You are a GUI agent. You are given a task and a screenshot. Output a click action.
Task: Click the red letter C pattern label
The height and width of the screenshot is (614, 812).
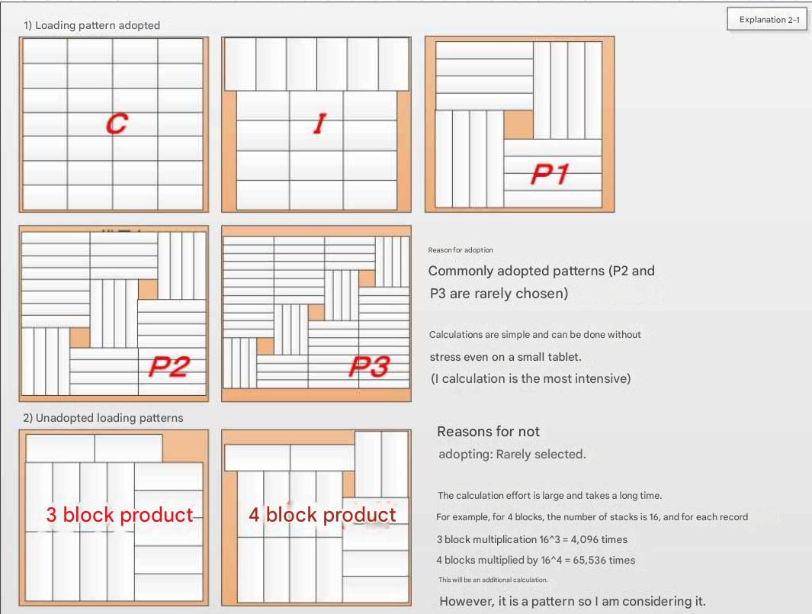pos(117,124)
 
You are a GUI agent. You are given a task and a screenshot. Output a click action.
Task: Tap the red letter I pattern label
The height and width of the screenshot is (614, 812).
pos(320,124)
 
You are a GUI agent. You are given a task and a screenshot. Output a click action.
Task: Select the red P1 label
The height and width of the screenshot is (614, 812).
pos(550,174)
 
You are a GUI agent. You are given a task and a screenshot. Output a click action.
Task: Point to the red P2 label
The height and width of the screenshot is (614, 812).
pos(169,366)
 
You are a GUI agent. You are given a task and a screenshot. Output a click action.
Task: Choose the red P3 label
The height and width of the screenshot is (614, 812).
pos(369,366)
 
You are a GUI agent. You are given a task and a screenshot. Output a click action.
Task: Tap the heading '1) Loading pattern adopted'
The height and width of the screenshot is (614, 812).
pos(91,25)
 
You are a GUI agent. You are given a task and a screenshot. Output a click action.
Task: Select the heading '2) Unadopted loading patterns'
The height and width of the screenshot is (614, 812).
pos(103,418)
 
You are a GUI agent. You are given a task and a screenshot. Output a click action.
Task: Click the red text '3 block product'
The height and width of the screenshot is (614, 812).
pos(120,515)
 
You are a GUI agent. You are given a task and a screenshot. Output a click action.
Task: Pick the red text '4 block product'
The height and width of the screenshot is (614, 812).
pos(322,515)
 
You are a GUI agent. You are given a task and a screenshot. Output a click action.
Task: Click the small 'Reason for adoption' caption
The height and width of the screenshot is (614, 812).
pos(461,249)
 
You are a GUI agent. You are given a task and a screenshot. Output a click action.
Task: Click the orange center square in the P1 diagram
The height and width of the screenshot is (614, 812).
pos(518,125)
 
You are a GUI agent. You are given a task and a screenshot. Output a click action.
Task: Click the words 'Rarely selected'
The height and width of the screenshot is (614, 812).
pos(540,455)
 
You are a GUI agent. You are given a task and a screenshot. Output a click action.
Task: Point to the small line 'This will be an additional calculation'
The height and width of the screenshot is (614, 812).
pos(493,580)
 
